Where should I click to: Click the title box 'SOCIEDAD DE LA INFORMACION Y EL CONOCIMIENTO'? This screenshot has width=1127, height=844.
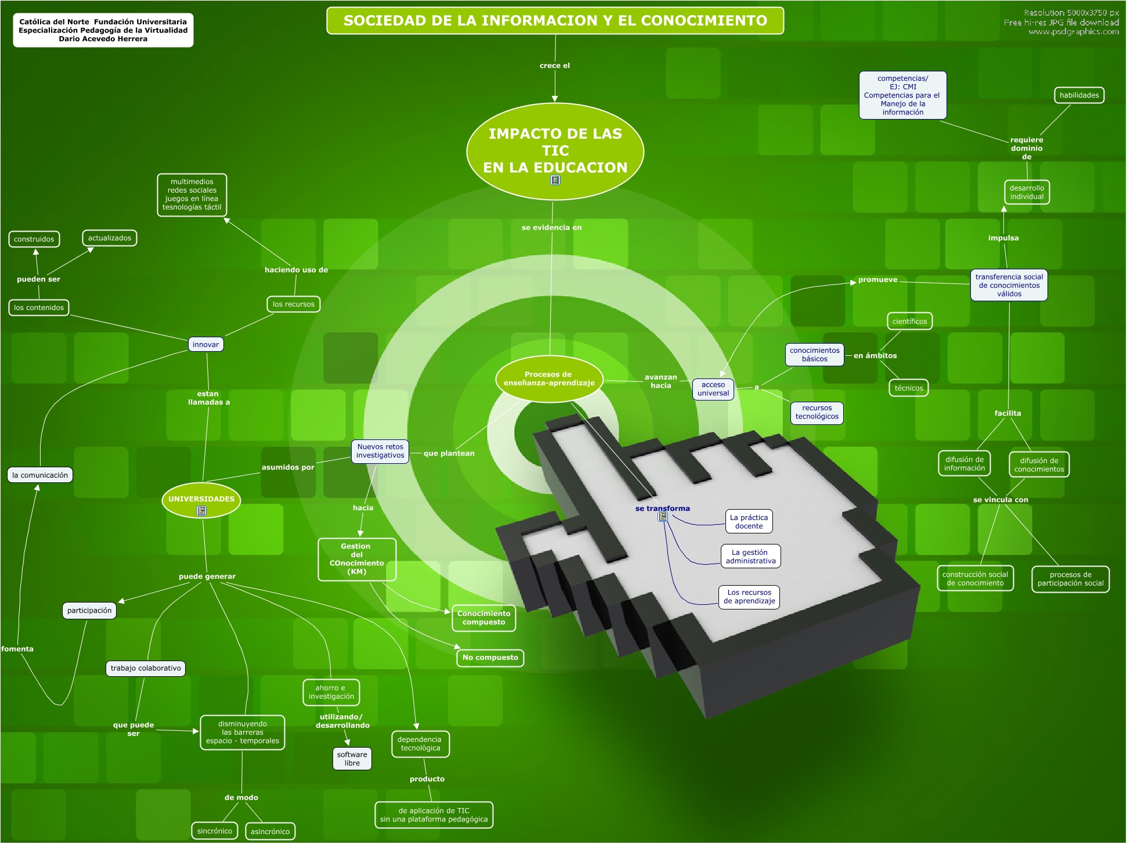[555, 21]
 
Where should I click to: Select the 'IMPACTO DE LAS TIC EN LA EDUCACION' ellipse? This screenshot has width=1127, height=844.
[555, 150]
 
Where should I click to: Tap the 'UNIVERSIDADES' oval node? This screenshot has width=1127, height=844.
[201, 500]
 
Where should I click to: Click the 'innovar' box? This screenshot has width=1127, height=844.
[205, 345]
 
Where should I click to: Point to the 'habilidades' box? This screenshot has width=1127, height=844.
[1078, 96]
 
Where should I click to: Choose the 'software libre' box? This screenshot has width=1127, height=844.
[352, 759]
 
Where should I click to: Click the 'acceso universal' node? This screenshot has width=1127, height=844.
[713, 389]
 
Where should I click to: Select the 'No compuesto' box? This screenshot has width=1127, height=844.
[490, 658]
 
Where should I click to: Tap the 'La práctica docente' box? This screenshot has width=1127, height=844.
[749, 522]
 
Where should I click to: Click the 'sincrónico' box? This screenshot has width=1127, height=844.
[214, 831]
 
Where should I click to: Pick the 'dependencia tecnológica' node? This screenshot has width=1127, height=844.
[420, 744]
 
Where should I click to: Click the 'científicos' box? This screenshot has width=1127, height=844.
[909, 322]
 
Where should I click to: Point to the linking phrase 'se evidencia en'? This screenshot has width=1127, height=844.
[551, 228]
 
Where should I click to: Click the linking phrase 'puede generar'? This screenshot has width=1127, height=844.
[207, 576]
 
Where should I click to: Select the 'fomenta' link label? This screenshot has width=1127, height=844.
[17, 649]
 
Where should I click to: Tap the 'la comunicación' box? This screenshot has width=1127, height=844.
[40, 475]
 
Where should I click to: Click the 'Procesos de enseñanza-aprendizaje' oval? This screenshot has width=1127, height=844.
[548, 379]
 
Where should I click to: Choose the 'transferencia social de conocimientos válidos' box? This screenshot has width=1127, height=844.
[1009, 286]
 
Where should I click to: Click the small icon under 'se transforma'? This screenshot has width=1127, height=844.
[662, 517]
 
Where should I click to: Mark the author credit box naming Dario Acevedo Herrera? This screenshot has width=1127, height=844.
[103, 30]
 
